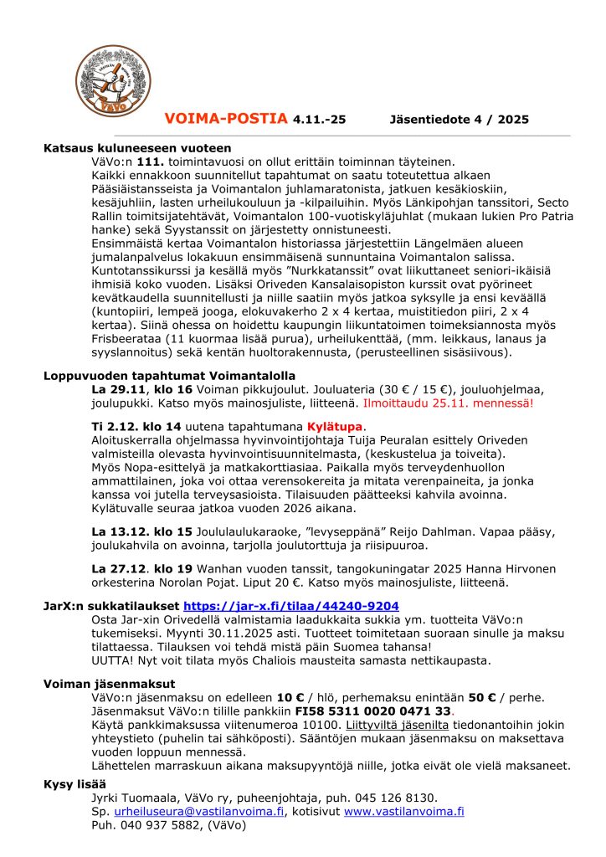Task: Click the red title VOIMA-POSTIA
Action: click(x=226, y=119)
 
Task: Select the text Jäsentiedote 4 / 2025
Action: click(x=460, y=120)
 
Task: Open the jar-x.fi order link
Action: click(x=290, y=606)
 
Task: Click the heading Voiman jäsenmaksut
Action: click(x=109, y=684)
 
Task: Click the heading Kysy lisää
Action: click(x=75, y=784)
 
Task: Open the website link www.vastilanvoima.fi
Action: click(x=403, y=811)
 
